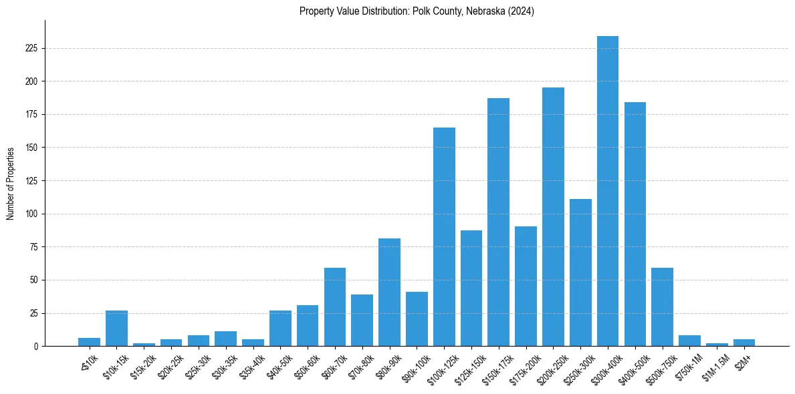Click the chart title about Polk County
click(x=417, y=11)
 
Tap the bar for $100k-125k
click(x=444, y=236)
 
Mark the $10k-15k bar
click(x=116, y=328)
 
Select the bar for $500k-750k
click(x=662, y=307)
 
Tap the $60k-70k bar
click(x=335, y=307)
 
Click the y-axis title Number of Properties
click(x=10, y=183)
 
